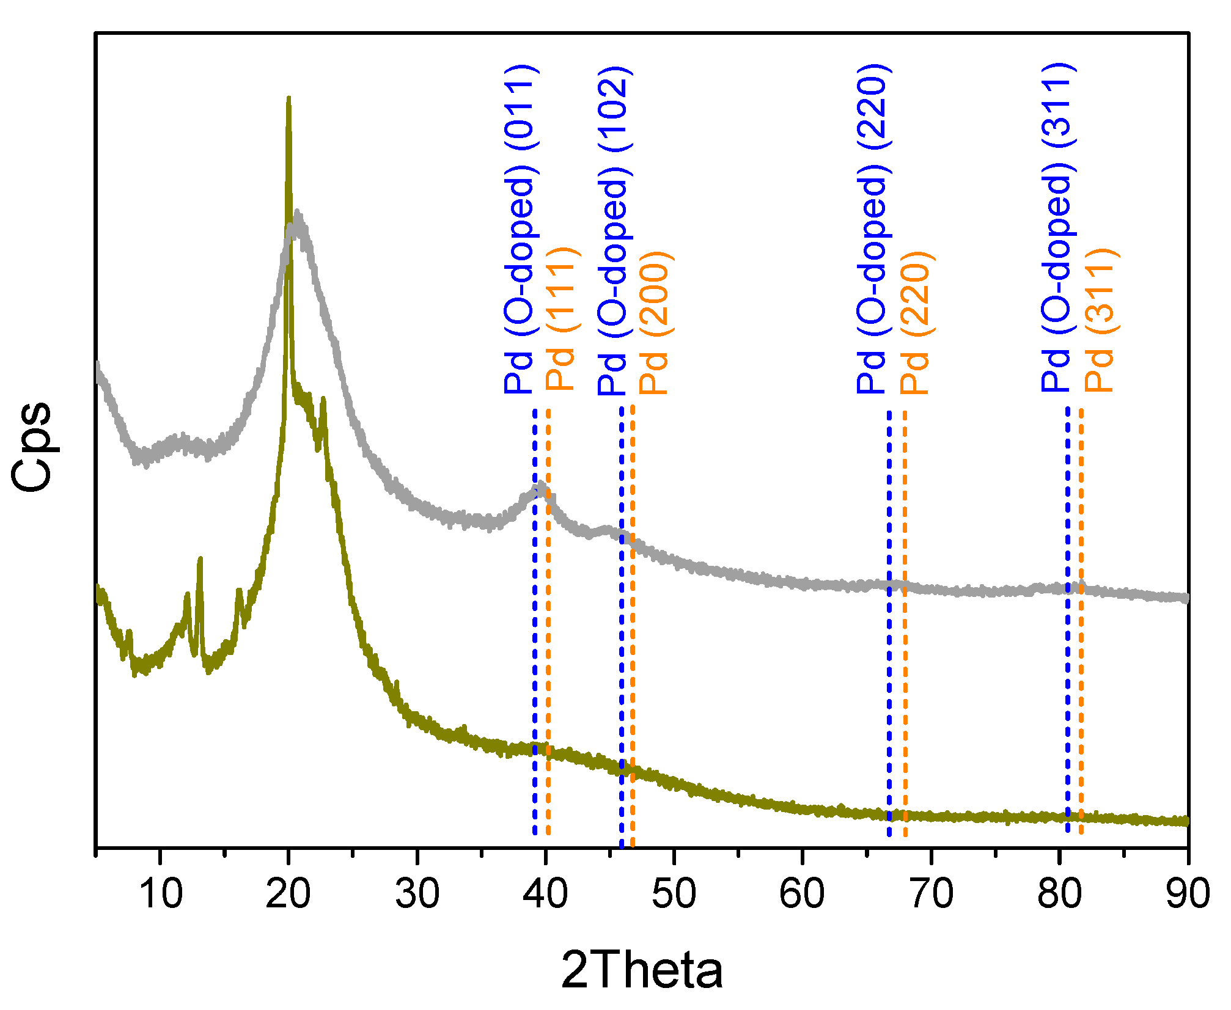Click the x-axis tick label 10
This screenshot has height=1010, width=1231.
pyautogui.click(x=161, y=893)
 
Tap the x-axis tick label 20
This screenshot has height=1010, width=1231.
pyautogui.click(x=288, y=893)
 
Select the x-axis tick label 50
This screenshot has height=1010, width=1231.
pyautogui.click(x=674, y=893)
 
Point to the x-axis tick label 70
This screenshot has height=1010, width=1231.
pyautogui.click(x=931, y=893)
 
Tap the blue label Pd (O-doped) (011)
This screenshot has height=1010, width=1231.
pyautogui.click(x=520, y=229)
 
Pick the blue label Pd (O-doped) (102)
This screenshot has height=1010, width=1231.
pyautogui.click(x=614, y=229)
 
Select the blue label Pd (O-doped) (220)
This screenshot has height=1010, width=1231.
pyautogui.click(x=873, y=229)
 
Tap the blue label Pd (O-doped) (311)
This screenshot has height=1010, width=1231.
pyautogui.click(x=1057, y=227)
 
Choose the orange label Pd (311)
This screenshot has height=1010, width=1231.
pyautogui.click(x=1100, y=320)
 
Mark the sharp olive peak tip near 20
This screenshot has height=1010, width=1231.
pyautogui.click(x=288, y=99)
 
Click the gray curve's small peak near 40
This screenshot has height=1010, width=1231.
pyautogui.click(x=540, y=486)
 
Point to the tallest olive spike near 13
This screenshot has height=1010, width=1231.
pyautogui.click(x=200, y=559)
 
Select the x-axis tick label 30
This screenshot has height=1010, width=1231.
pyautogui.click(x=417, y=893)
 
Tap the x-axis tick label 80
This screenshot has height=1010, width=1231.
pyautogui.click(x=1059, y=893)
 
